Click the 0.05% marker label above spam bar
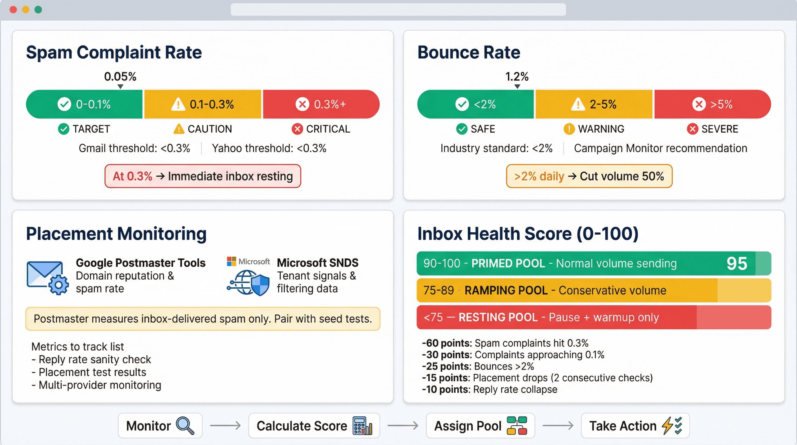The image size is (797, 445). pyautogui.click(x=120, y=76)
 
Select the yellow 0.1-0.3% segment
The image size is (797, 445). pyautogui.click(x=203, y=104)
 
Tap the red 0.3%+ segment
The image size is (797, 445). pyautogui.click(x=321, y=104)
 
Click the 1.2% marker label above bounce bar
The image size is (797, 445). pyautogui.click(x=517, y=76)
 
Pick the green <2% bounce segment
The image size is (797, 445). pyautogui.click(x=476, y=104)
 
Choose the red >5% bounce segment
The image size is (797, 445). pyautogui.click(x=712, y=104)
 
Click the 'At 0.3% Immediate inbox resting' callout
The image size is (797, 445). pyautogui.click(x=203, y=176)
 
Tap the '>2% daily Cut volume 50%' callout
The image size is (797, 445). pyautogui.click(x=589, y=176)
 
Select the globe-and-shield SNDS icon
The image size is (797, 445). pyautogui.click(x=248, y=282)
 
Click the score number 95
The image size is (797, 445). pyautogui.click(x=737, y=264)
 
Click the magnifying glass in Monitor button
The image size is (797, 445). pyautogui.click(x=185, y=426)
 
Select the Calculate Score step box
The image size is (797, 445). pyautogui.click(x=314, y=426)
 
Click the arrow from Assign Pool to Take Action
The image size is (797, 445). pyautogui.click(x=558, y=426)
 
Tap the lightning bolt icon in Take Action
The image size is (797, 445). pyautogui.click(x=667, y=426)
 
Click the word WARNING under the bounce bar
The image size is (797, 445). pyautogui.click(x=601, y=129)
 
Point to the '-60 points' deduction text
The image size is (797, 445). pyautogui.click(x=447, y=343)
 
